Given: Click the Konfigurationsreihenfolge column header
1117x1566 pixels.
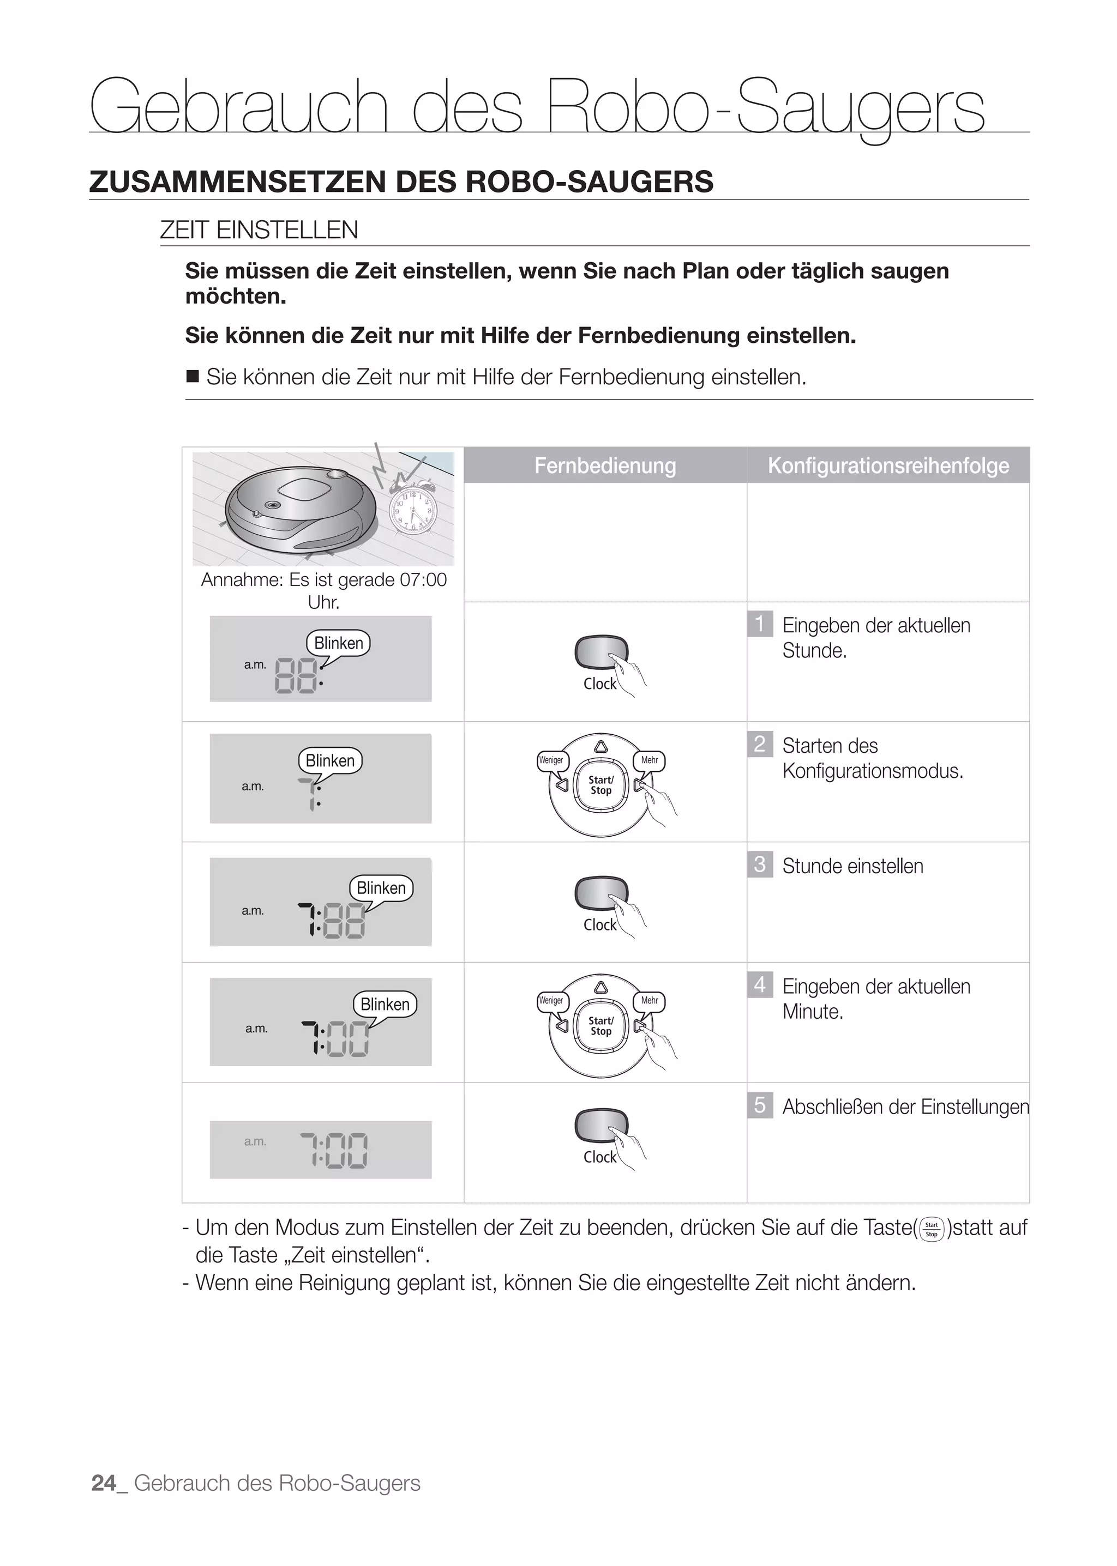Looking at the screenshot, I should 888,465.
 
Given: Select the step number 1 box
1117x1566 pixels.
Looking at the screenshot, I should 759,624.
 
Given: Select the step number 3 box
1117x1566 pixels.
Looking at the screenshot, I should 759,864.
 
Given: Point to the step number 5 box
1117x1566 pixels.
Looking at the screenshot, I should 759,1105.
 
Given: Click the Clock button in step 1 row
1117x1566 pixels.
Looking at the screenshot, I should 601,652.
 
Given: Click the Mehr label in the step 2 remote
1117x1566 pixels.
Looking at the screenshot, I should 649,760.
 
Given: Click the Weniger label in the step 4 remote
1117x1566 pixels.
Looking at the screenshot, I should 551,1001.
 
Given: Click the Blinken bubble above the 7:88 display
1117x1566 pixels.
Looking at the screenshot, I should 381,888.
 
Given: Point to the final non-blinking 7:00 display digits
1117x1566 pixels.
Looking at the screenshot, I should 334,1151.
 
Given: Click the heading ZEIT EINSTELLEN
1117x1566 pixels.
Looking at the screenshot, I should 259,229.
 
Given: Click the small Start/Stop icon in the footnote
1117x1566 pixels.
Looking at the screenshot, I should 932,1229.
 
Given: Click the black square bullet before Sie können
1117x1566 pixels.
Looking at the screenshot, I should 193,376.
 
